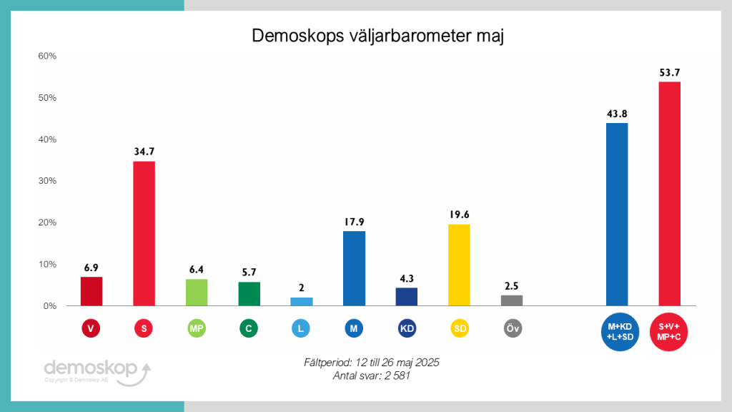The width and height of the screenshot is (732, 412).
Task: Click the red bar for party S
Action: click(x=144, y=233)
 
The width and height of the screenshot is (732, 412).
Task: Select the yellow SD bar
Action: click(x=459, y=265)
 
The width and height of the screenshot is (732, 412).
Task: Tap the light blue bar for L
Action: click(x=302, y=301)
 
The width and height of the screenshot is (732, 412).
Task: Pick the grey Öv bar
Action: click(x=512, y=300)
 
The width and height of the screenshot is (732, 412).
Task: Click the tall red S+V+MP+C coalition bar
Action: click(x=669, y=193)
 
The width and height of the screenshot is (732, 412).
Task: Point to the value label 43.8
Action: click(x=616, y=113)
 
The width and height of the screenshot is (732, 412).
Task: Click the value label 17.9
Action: click(x=354, y=221)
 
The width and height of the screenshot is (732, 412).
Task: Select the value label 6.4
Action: click(x=197, y=269)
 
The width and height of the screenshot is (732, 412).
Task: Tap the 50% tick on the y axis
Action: click(x=47, y=97)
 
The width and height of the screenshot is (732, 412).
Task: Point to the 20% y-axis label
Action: click(x=47, y=222)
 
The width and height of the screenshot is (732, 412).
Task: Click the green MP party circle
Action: click(x=197, y=328)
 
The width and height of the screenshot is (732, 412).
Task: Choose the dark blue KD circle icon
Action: click(x=407, y=328)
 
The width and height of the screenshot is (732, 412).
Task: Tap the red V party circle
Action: click(x=91, y=328)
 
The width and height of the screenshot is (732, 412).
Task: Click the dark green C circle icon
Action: click(x=249, y=328)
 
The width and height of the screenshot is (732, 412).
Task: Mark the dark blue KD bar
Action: click(x=407, y=296)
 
